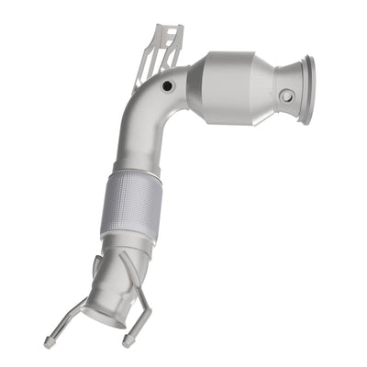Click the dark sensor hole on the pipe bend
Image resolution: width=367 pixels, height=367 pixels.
(166, 87)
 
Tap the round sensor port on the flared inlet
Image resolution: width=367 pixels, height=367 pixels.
(288, 95)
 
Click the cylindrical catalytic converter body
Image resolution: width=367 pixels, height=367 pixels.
(237, 82)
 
